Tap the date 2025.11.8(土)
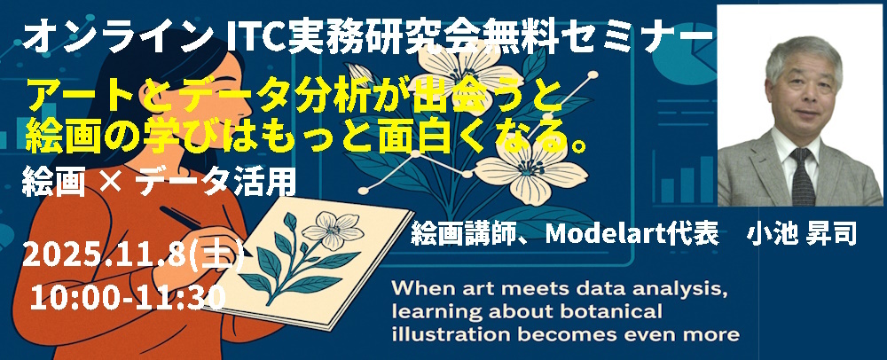coord(134,258)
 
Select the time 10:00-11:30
coord(128,297)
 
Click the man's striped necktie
coord(803,176)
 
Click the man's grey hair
coord(804,57)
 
